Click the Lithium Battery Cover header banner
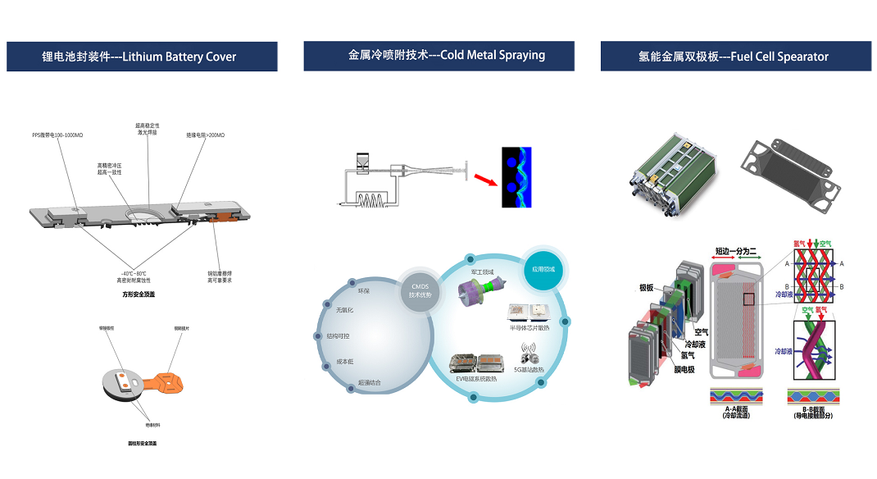(142, 57)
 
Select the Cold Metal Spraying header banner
(438, 56)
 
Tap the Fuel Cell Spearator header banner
(735, 56)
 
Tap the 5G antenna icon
(529, 356)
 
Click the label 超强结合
(369, 383)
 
